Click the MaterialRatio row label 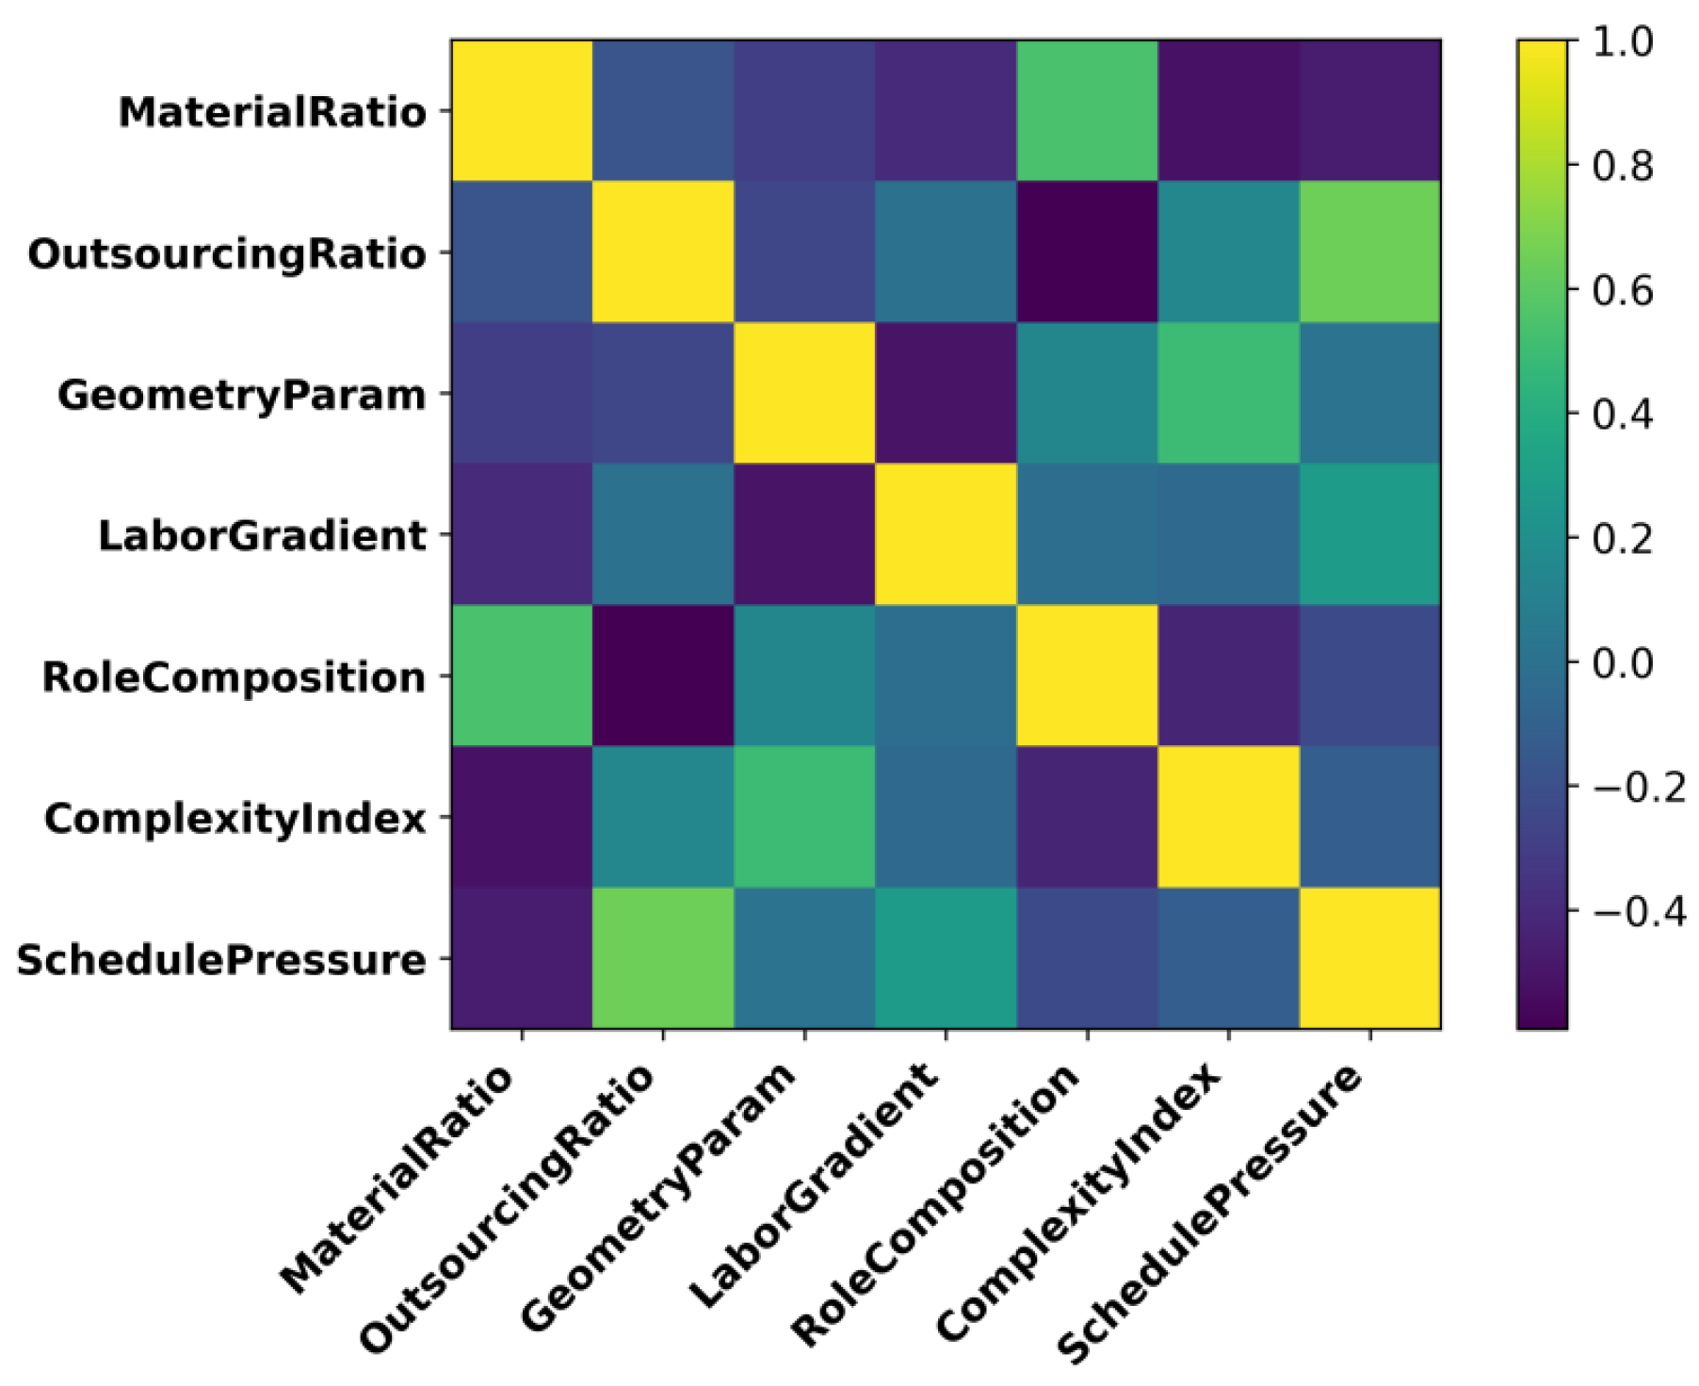(x=271, y=113)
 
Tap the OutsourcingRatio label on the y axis (x=226, y=254)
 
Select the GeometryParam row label (x=241, y=396)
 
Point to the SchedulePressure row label (x=220, y=961)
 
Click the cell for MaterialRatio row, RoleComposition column (x=1087, y=110)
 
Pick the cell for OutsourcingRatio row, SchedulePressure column (x=1369, y=252)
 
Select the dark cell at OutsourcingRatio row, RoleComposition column (x=1087, y=252)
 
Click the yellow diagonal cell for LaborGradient (x=946, y=534)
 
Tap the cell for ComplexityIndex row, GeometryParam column (x=804, y=817)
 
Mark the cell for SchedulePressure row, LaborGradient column (x=946, y=958)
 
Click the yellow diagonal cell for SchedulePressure (x=1369, y=958)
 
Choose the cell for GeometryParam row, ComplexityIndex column (x=1228, y=393)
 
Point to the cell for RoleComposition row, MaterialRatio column (x=522, y=676)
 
